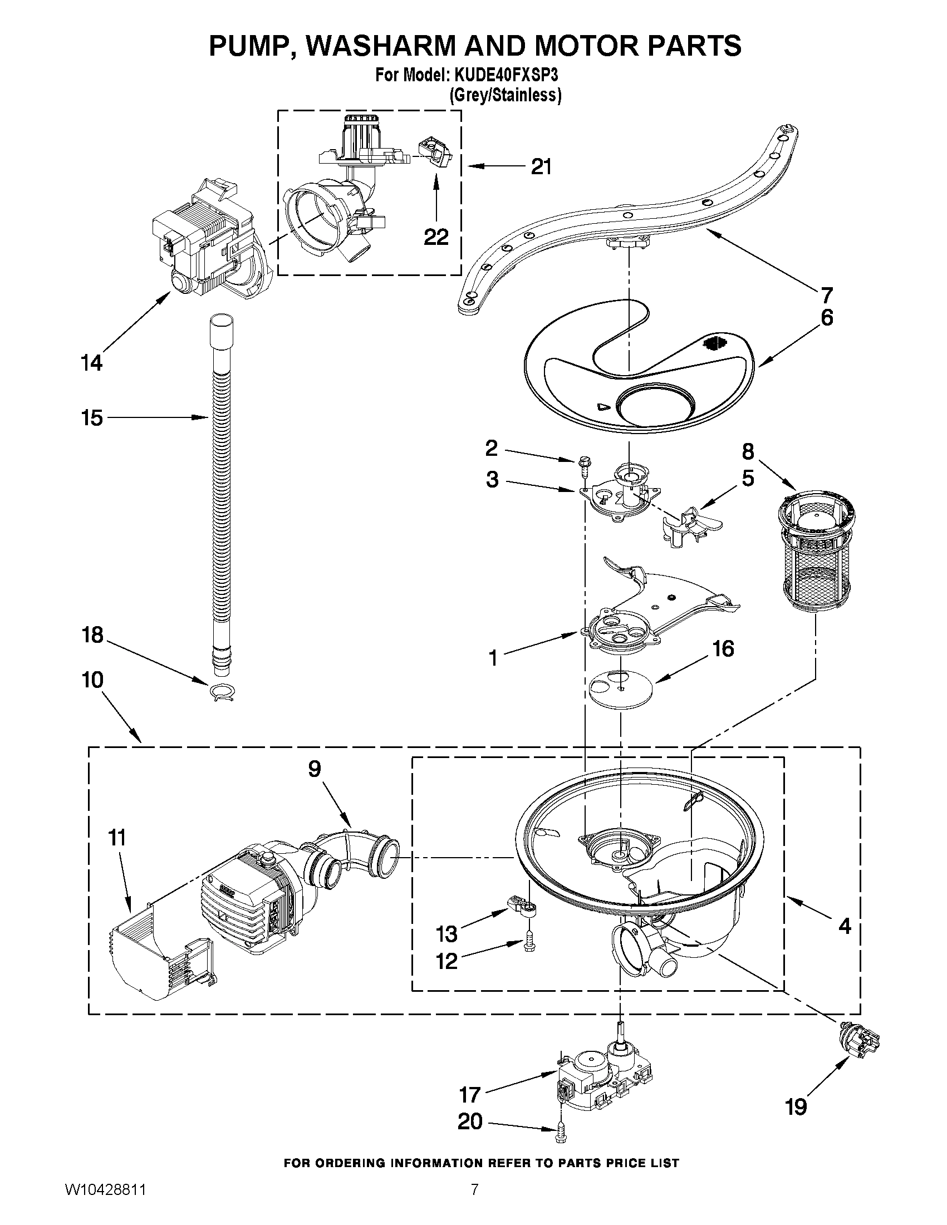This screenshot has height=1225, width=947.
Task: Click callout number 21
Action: [x=541, y=166]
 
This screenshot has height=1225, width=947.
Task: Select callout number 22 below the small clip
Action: [x=436, y=237]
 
